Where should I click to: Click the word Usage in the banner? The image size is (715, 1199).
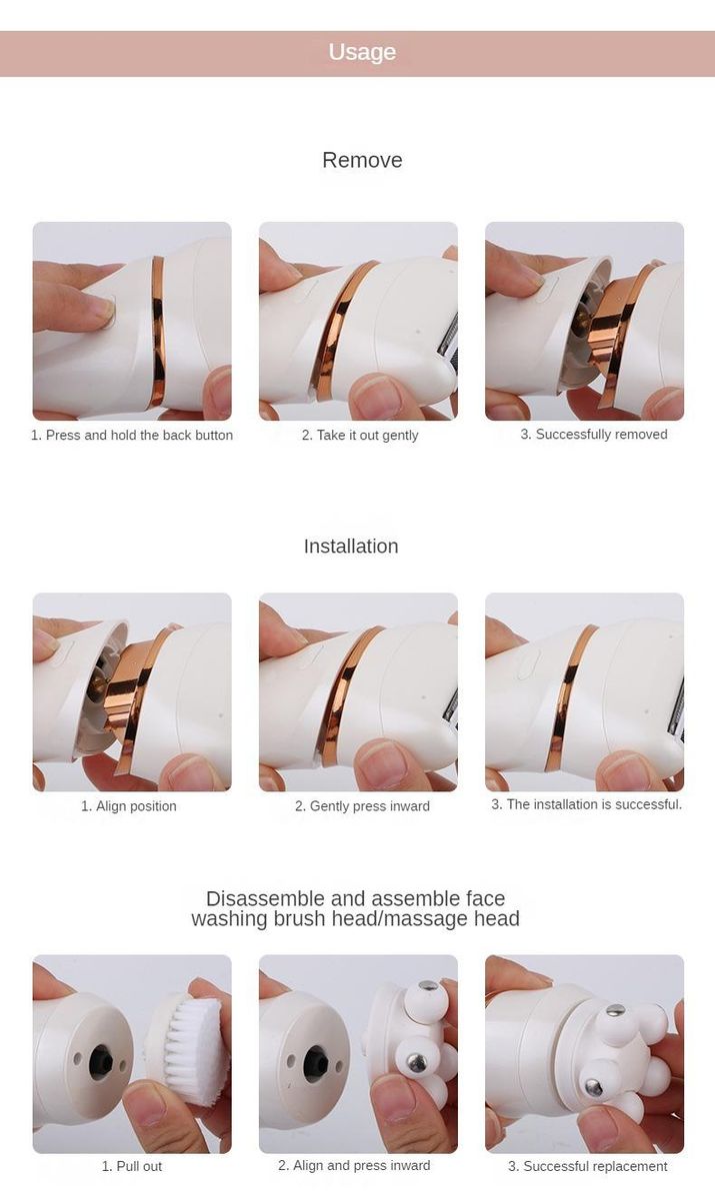tap(362, 52)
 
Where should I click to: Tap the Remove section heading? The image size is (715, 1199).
tap(362, 160)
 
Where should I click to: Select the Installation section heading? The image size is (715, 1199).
tap(351, 546)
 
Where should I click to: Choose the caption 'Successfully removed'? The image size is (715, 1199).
tap(601, 434)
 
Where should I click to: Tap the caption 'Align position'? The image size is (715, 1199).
tap(136, 806)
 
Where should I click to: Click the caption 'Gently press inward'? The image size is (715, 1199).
tap(370, 806)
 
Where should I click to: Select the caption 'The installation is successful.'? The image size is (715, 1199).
tap(594, 804)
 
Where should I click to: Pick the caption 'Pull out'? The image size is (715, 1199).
tap(139, 1166)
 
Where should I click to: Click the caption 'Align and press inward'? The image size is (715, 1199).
tap(362, 1165)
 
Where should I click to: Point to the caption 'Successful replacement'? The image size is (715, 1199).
tap(595, 1166)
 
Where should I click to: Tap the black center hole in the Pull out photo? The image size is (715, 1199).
tap(100, 1064)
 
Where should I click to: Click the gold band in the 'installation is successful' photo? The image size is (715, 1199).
tap(569, 695)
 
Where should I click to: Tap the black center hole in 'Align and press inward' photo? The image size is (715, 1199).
tap(316, 1063)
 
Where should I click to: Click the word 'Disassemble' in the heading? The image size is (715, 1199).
tap(266, 898)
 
